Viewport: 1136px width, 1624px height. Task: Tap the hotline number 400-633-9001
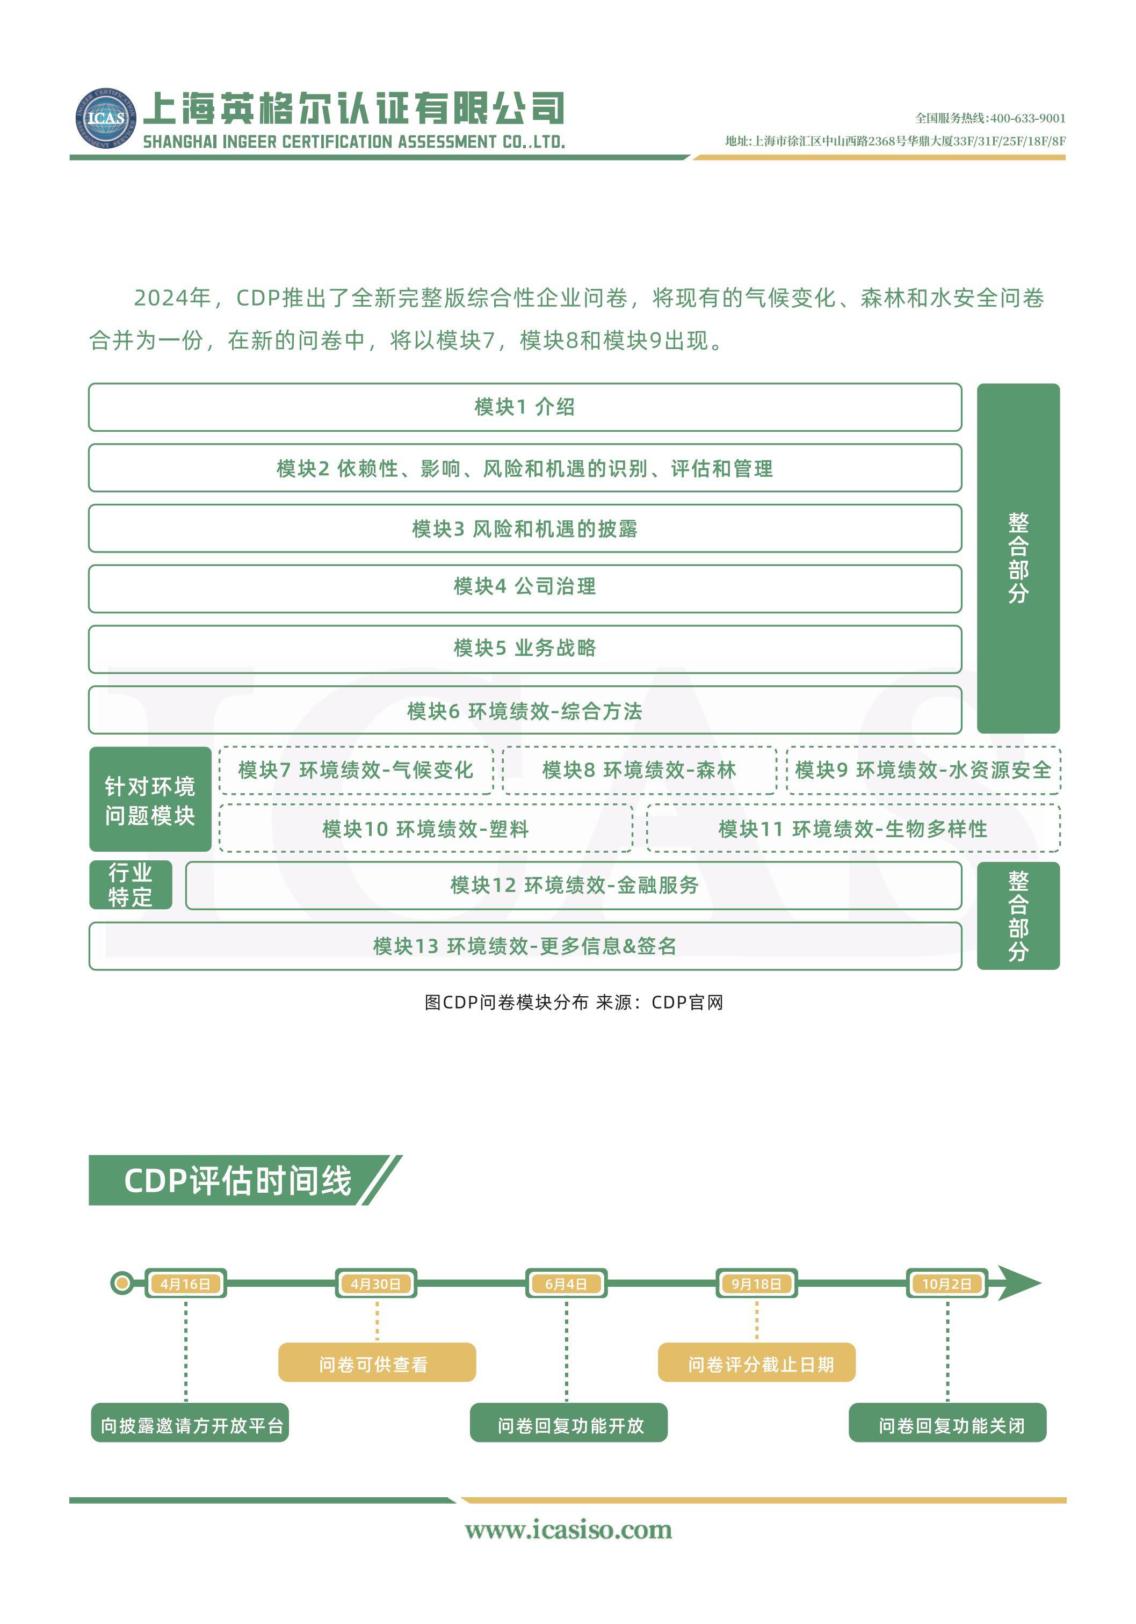pos(1028,118)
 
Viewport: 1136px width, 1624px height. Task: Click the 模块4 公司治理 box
pos(525,589)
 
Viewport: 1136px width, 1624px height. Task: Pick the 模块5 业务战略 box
pos(525,649)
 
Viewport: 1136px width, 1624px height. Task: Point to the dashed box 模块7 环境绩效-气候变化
pos(356,770)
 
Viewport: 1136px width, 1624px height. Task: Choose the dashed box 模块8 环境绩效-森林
pos(640,770)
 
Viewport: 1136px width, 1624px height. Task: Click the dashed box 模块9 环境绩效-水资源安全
pos(923,770)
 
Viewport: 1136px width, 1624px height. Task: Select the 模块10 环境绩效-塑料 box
pos(426,828)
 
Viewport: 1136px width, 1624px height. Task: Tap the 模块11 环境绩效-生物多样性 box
pos(853,828)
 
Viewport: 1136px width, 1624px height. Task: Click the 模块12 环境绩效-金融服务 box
pos(574,886)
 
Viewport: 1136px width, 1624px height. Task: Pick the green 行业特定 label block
pos(131,885)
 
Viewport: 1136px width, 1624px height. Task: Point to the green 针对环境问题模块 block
pos(150,799)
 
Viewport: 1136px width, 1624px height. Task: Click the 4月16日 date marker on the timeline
pos(185,1284)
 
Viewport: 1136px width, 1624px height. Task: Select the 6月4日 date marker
pos(566,1284)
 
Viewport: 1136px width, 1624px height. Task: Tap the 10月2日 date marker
pos(947,1284)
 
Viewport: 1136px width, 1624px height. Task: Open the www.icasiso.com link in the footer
pos(568,1530)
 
